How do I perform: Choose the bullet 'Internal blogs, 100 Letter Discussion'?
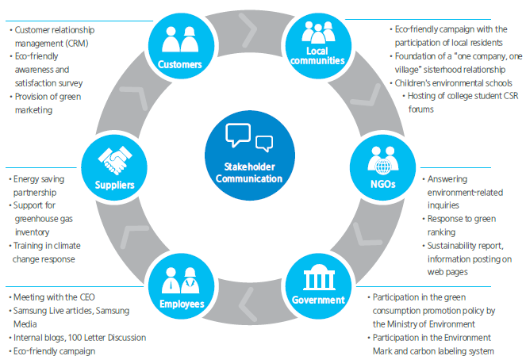(79, 337)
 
